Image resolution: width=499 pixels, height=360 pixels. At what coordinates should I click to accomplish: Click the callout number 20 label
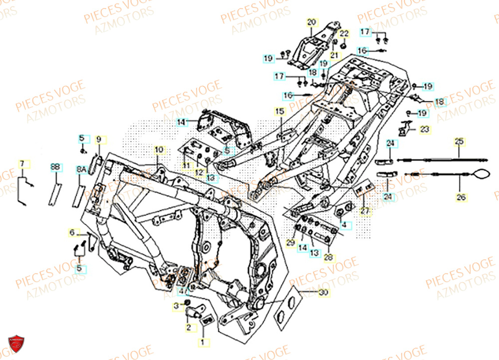[311, 22]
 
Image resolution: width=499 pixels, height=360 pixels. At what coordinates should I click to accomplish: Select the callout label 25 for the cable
[459, 142]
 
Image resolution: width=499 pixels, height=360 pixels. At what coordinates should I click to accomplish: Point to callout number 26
[462, 197]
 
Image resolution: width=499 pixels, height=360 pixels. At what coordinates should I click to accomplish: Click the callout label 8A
[81, 170]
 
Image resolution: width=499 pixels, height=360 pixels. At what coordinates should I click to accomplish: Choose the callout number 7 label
[22, 164]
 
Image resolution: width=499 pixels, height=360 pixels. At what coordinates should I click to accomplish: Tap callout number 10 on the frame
[159, 150]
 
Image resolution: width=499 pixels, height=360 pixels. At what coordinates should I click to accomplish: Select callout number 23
[424, 129]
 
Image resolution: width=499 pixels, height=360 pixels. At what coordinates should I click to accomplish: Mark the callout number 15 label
[279, 111]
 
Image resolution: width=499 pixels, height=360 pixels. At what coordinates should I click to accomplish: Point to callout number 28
[328, 258]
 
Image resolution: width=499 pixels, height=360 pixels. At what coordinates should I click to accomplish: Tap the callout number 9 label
[99, 139]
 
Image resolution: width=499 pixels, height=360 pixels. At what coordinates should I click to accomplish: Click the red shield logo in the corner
[16, 345]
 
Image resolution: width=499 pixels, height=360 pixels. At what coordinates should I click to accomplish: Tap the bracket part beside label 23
[405, 128]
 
